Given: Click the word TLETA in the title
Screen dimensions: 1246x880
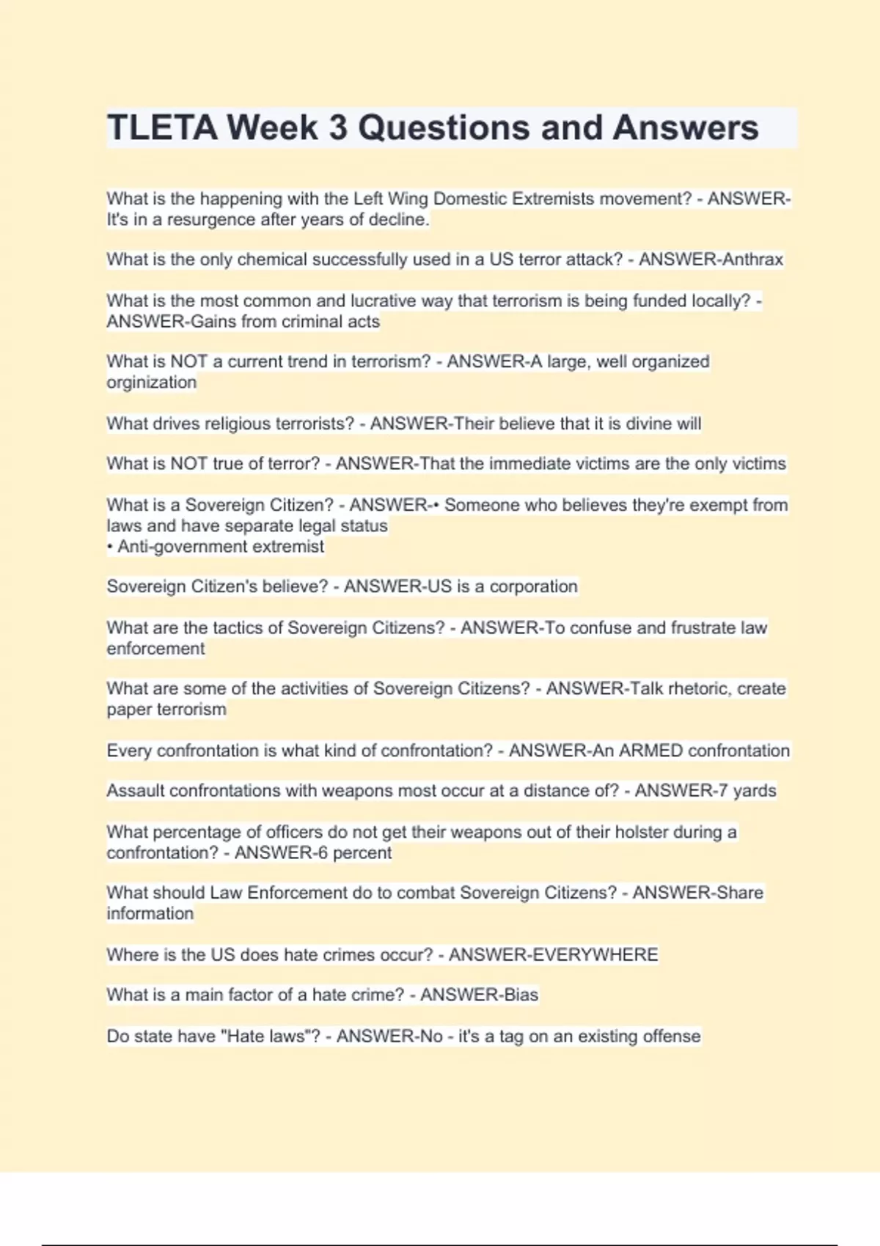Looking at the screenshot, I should point(162,128).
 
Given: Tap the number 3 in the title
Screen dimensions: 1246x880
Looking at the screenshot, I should point(337,128).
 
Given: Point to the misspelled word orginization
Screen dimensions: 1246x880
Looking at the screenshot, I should point(151,383).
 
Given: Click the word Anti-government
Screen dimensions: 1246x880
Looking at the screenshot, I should point(173,547).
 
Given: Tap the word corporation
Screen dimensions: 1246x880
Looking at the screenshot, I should point(533,587).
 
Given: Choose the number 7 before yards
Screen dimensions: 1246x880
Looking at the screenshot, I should point(722,791).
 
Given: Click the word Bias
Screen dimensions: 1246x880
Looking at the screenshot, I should point(521,995).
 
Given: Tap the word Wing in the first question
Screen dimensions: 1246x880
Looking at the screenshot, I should point(408,199).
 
